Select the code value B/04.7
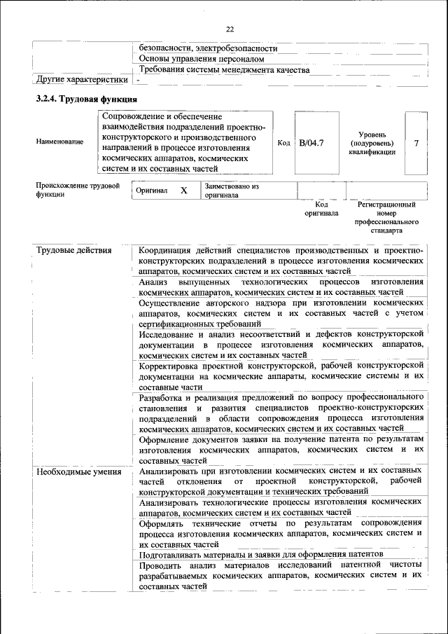pos(311,144)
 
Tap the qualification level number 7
pos(416,144)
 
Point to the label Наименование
pos(59,142)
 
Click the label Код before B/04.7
pos(283,144)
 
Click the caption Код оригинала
pos(321,209)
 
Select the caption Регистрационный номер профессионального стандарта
pos(386,217)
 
